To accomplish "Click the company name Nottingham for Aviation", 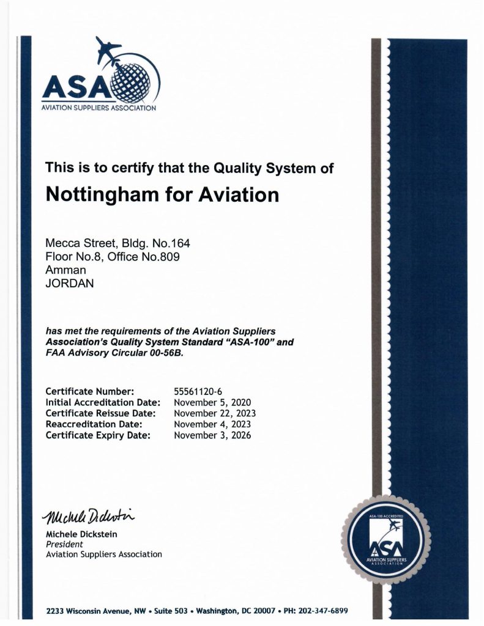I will click(x=163, y=194).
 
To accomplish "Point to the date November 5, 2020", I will click(x=212, y=403).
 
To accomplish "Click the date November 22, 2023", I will click(x=215, y=413).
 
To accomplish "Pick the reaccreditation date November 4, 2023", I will click(x=212, y=424).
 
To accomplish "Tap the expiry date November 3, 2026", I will click(x=212, y=435).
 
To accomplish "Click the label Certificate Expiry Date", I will click(x=99, y=435).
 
